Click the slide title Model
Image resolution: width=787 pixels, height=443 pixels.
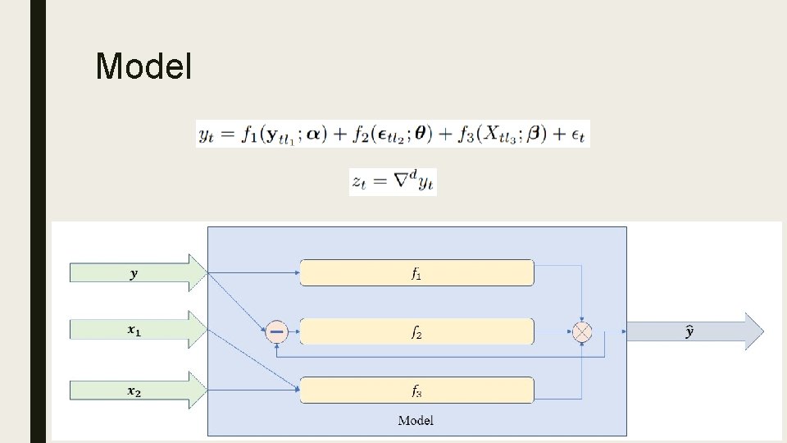point(143,66)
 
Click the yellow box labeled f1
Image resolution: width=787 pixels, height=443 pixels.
point(416,273)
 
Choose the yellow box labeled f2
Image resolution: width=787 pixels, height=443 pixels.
point(416,331)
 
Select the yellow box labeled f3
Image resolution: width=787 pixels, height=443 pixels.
point(416,390)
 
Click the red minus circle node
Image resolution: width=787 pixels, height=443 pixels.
point(276,331)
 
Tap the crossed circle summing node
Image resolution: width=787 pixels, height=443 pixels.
point(582,331)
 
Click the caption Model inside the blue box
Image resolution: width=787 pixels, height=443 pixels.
point(416,421)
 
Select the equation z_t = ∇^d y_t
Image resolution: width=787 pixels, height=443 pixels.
point(393,181)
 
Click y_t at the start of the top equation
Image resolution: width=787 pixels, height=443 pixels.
point(208,134)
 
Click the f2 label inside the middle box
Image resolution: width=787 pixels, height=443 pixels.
point(416,332)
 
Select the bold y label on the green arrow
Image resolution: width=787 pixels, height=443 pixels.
point(134,274)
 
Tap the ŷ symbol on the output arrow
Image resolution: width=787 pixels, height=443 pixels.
point(689,331)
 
